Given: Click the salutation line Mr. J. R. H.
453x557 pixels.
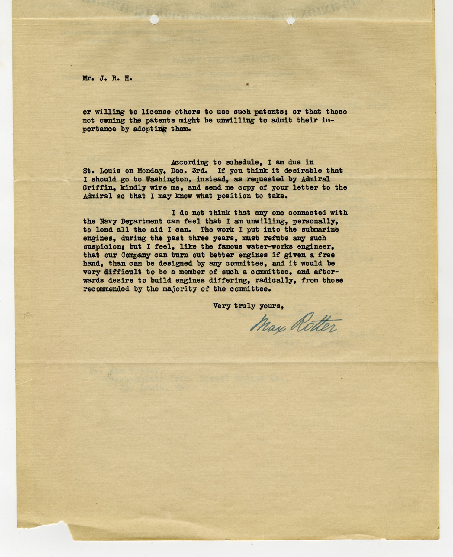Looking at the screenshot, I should coord(107,78).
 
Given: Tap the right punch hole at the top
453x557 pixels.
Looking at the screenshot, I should coord(291,21).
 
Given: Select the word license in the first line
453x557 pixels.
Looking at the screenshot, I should coord(146,112).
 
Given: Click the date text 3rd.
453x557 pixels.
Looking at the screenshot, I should coord(197,171).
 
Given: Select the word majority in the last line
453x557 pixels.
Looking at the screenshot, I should coord(180,289).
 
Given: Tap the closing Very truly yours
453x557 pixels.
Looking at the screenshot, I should coord(248,306).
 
